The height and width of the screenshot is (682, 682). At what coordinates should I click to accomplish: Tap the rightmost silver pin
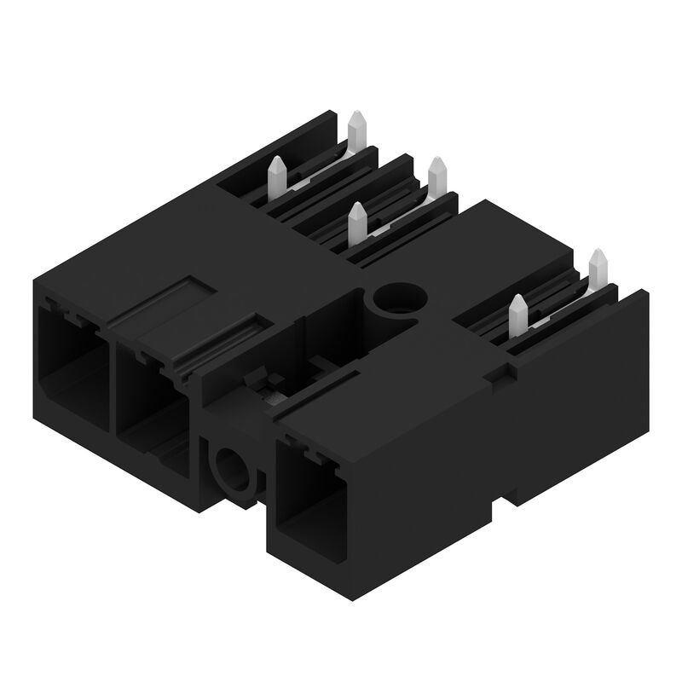click(x=598, y=270)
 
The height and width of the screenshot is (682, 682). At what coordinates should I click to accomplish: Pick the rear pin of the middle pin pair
click(x=436, y=177)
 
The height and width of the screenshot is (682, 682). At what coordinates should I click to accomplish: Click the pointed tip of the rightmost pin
click(x=598, y=253)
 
